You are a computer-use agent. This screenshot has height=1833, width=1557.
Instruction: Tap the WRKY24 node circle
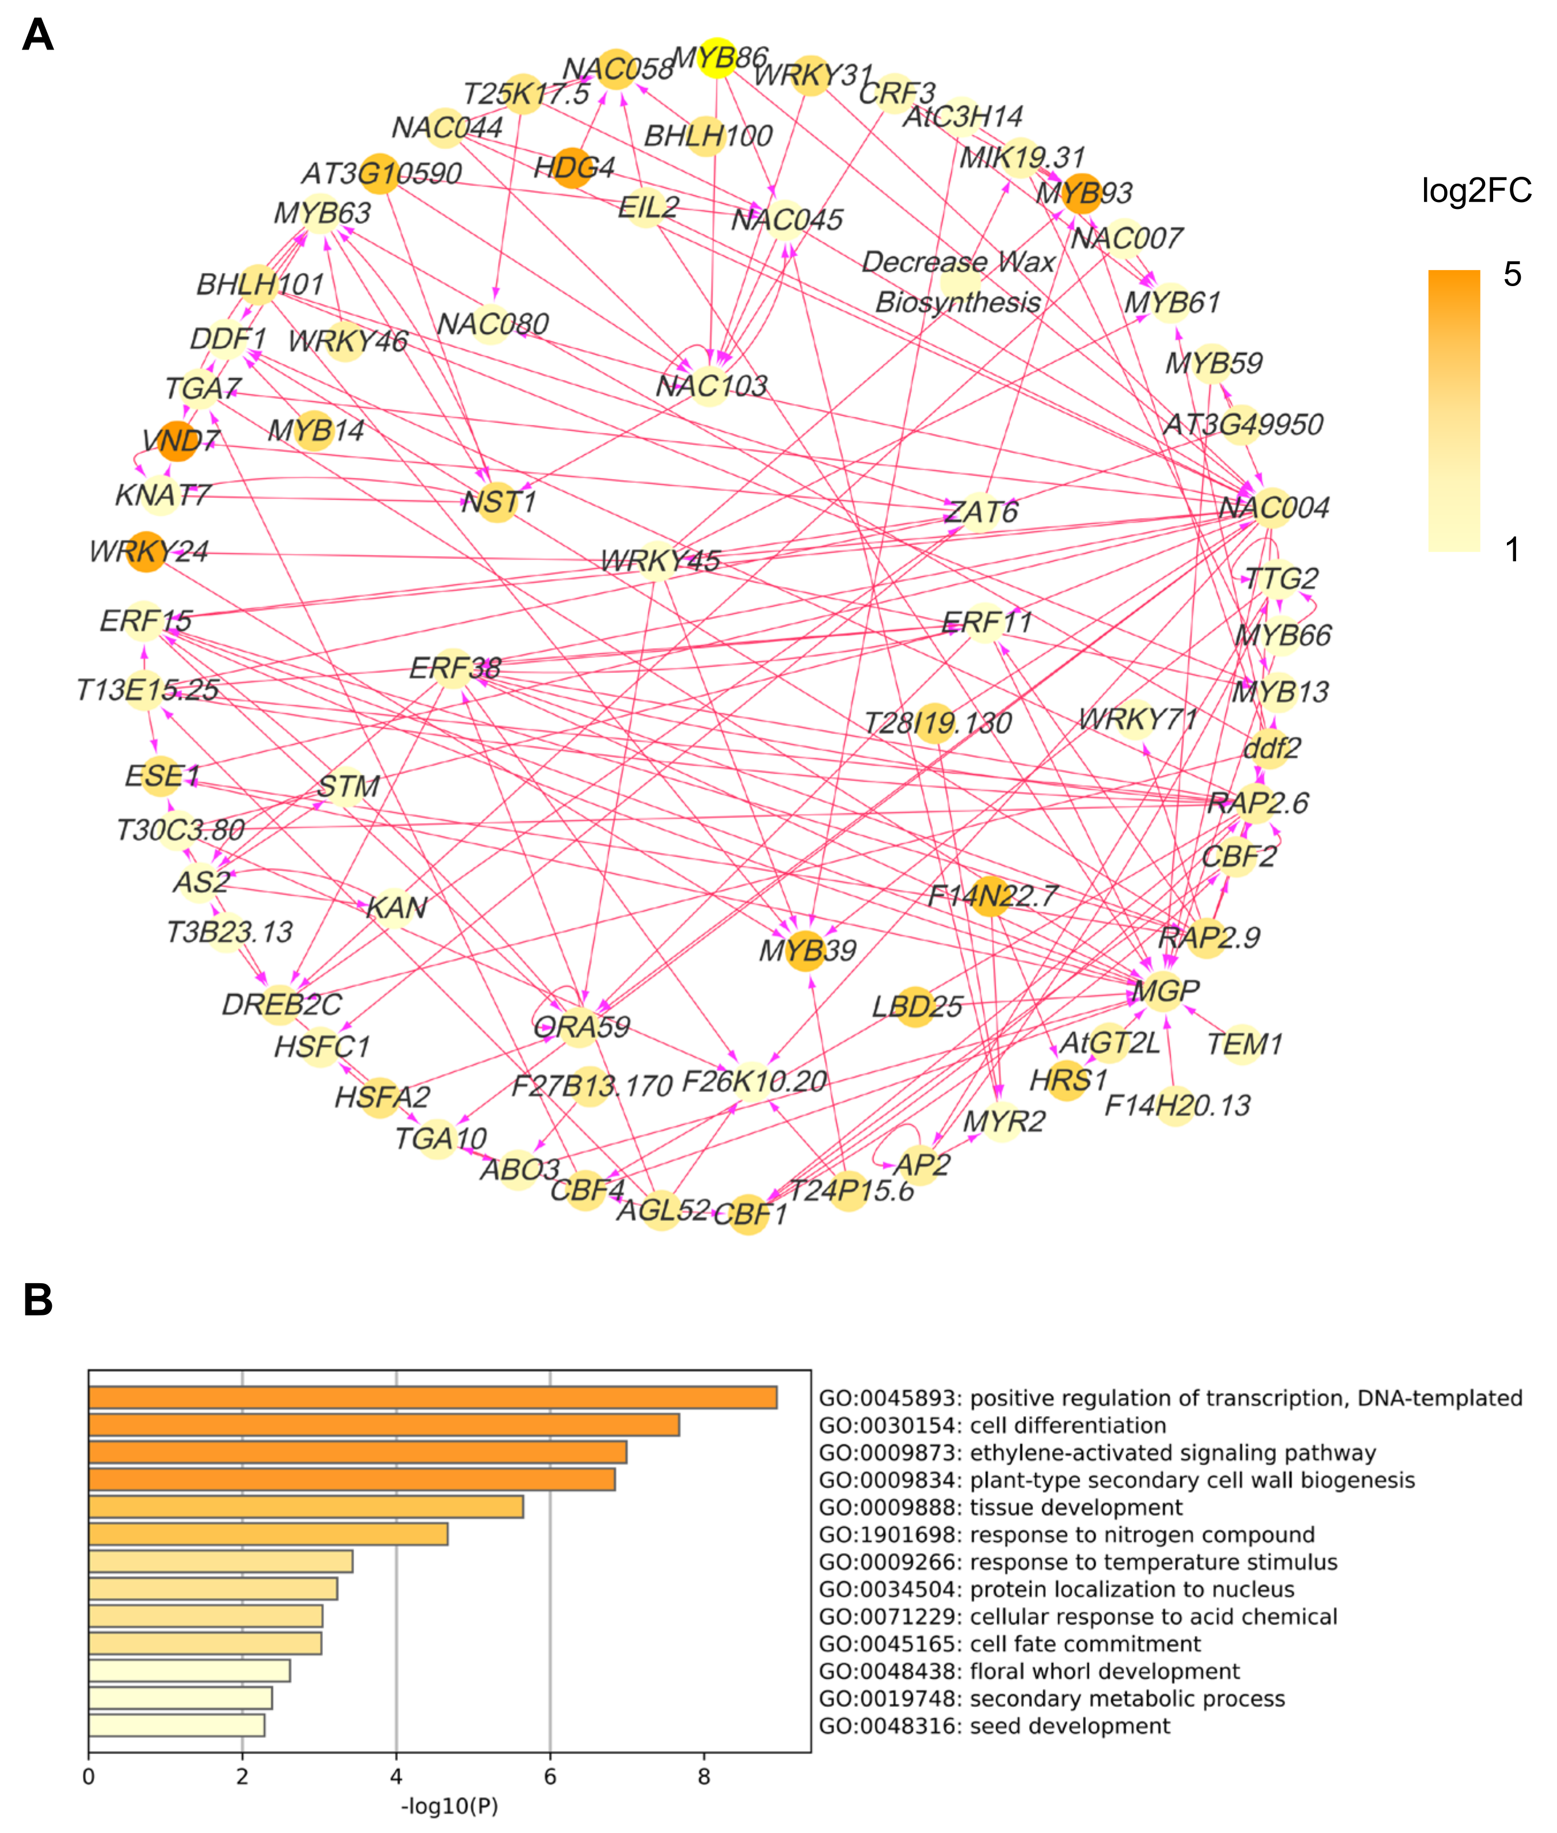[146, 552]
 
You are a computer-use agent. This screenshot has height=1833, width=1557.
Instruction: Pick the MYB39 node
[805, 950]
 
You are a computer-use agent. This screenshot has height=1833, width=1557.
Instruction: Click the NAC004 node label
[1274, 507]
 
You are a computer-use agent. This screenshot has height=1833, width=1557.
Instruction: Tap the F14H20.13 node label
[1178, 1105]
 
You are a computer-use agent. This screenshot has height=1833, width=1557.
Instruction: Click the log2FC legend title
[1476, 191]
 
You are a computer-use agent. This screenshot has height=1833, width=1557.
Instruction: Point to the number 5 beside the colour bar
[1512, 275]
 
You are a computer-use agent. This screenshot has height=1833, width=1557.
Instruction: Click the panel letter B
[38, 1300]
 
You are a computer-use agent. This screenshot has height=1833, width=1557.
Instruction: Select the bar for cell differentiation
[384, 1425]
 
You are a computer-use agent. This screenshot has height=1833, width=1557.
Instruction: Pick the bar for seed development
[177, 1725]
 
